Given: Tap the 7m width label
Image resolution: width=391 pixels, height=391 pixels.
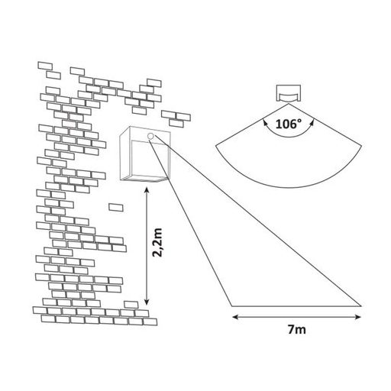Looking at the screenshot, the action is pyautogui.click(x=297, y=330).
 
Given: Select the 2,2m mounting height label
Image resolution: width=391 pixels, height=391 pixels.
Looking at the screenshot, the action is pyautogui.click(x=158, y=243).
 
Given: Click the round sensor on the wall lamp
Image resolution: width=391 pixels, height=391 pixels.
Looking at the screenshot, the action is pyautogui.click(x=150, y=136).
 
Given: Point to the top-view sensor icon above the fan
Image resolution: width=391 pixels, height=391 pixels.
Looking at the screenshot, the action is pyautogui.click(x=289, y=93).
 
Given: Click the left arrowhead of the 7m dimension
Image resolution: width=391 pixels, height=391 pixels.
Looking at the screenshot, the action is pyautogui.click(x=234, y=317).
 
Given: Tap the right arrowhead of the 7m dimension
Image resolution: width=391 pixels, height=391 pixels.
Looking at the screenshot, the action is pyautogui.click(x=358, y=317).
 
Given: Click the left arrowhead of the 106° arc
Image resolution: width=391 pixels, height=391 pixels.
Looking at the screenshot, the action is pyautogui.click(x=265, y=123).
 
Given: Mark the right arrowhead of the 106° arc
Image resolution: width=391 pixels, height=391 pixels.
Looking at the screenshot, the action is pyautogui.click(x=312, y=123).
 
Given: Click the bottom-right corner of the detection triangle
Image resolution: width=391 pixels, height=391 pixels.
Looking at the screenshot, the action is pyautogui.click(x=361, y=306).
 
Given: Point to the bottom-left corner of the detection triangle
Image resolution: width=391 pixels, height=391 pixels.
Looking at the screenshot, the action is pyautogui.click(x=232, y=306).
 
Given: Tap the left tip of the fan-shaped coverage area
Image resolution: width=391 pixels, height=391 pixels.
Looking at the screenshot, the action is pyautogui.click(x=216, y=146).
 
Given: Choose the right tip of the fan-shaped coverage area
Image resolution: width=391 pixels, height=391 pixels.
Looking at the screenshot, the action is pyautogui.click(x=362, y=145).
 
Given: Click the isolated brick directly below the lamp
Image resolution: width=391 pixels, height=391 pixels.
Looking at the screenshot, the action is pyautogui.click(x=116, y=207).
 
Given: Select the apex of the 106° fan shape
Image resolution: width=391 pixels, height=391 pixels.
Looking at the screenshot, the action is pyautogui.click(x=289, y=104).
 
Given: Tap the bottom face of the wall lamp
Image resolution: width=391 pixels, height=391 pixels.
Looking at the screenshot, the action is pyautogui.click(x=144, y=179).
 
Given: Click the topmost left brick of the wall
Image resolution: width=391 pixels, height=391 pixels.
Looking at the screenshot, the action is pyautogui.click(x=45, y=66).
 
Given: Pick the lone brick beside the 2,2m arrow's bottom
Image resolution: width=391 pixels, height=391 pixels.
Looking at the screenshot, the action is pyautogui.click(x=131, y=305).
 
